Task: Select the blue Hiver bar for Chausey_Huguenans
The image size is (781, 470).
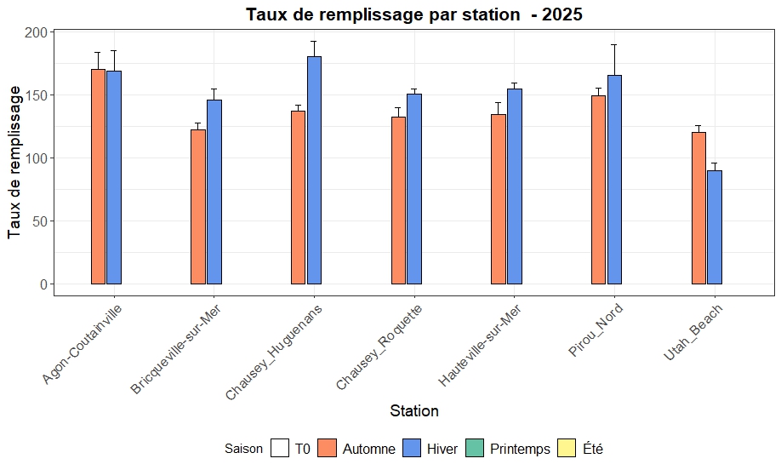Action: click(x=314, y=170)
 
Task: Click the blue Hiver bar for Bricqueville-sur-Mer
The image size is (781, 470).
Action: click(x=214, y=192)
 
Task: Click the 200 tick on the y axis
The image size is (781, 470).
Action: click(x=37, y=32)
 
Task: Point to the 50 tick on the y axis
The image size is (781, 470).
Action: click(x=40, y=221)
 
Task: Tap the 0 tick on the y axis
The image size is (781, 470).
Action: click(x=44, y=284)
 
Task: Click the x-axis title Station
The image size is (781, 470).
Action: click(x=414, y=411)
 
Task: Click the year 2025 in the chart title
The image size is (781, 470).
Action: click(x=559, y=14)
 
